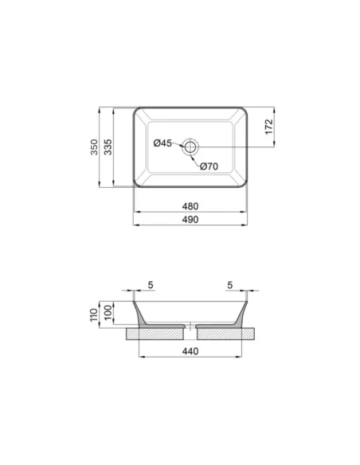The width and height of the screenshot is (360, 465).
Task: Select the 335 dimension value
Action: click(118, 148)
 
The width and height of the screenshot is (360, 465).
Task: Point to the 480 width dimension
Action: click(190, 206)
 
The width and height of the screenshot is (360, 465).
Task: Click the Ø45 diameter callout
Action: click(162, 143)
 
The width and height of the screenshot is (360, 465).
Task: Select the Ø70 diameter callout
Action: click(209, 166)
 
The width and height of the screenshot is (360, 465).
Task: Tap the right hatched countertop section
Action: click(227, 333)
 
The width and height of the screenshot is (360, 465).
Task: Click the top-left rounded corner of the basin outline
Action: click(136, 111)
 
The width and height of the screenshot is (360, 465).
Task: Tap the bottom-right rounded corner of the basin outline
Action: click(245, 185)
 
